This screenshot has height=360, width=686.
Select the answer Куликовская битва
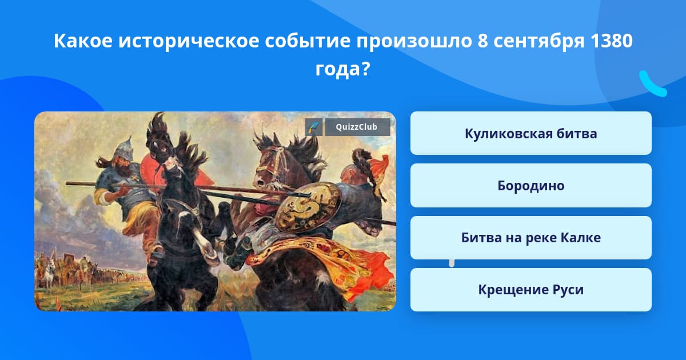coord(531,134)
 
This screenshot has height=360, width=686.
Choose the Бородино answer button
coord(531,186)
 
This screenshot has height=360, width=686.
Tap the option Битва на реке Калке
coord(531,238)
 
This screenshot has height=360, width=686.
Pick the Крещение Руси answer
coord(531,290)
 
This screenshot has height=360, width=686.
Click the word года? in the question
coord(342,69)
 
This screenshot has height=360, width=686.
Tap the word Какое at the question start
coord(83,41)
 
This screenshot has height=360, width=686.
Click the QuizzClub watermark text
coord(357,127)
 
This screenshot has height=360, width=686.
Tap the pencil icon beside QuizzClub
coord(314,127)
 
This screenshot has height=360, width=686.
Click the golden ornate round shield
coord(308,207)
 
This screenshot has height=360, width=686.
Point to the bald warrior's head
coord(349,174)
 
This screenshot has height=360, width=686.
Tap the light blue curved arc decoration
coord(652,84)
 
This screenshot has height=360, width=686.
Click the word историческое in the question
coord(188,41)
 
